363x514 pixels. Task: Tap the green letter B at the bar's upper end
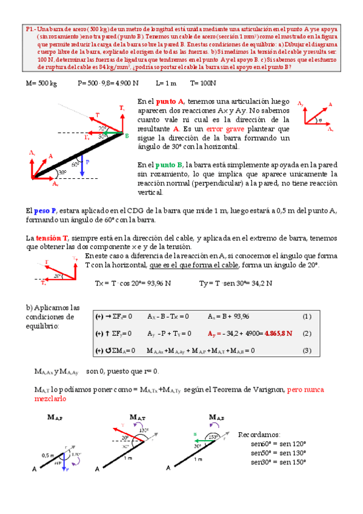click(x=127, y=136)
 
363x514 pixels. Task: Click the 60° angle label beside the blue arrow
click(x=75, y=164)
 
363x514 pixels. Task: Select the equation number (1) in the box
click(x=307, y=316)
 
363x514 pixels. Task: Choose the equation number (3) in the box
click(x=307, y=350)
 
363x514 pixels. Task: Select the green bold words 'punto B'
click(x=169, y=165)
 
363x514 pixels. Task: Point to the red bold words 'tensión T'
click(x=52, y=238)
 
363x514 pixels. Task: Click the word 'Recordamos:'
click(x=259, y=435)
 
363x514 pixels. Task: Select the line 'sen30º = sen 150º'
click(x=278, y=462)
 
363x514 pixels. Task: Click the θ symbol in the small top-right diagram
click(x=321, y=119)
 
